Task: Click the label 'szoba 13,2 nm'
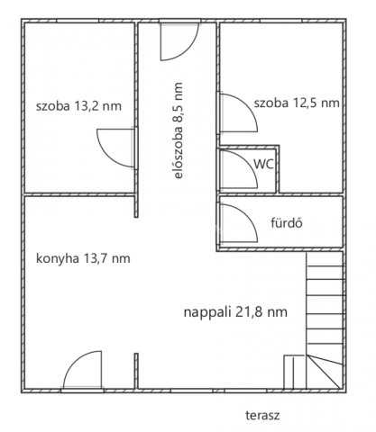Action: point(78,105)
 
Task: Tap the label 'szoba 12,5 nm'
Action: point(297,103)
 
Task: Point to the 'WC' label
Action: point(262,164)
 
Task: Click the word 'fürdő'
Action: point(285,221)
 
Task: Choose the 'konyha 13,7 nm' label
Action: point(82,258)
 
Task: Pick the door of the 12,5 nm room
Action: point(237,112)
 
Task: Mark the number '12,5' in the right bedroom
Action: point(304,103)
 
